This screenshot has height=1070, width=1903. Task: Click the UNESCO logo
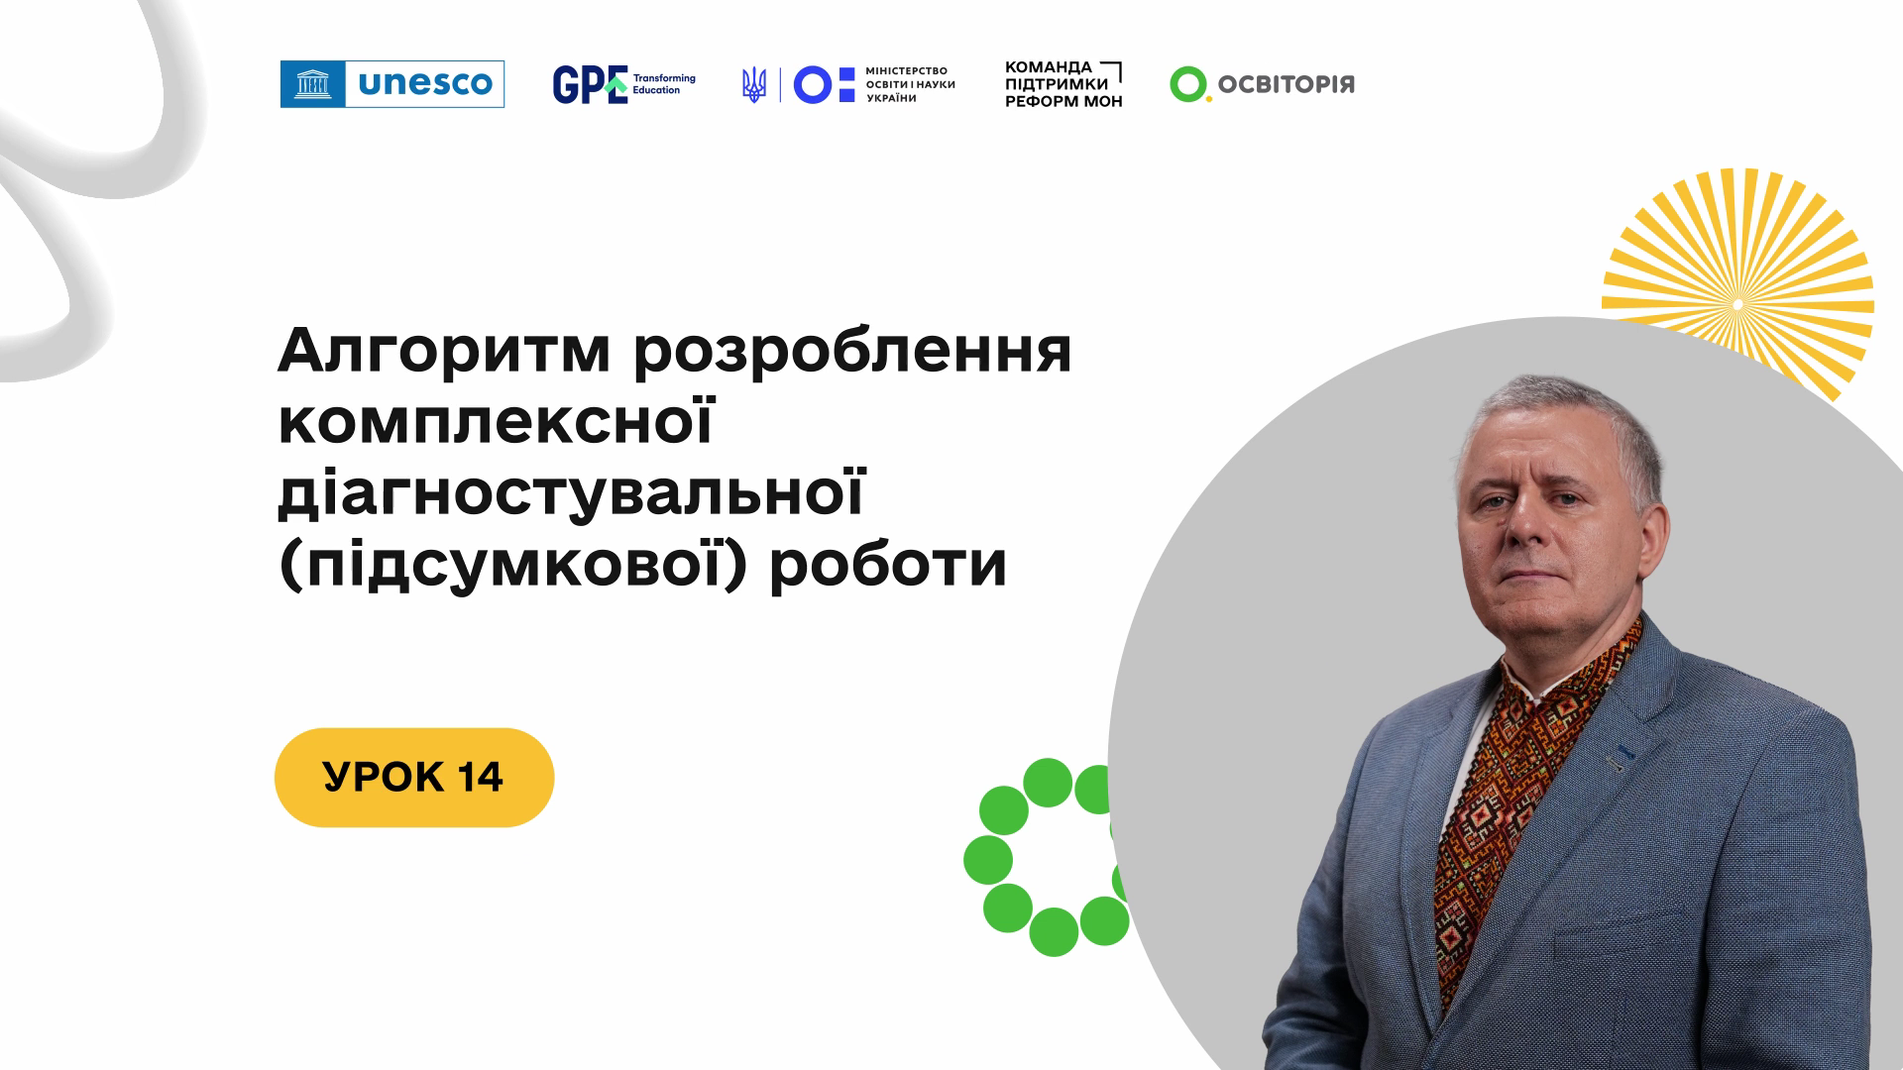[392, 84]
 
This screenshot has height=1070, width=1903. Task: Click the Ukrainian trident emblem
[754, 85]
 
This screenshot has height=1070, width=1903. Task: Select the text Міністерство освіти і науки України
[910, 85]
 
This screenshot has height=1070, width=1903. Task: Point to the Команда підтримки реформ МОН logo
[1064, 84]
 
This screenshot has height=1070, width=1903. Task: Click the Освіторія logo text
[1286, 85]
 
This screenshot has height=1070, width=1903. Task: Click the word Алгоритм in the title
[444, 351]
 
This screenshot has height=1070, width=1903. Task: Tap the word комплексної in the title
[496, 422]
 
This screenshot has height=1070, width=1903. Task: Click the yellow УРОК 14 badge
[414, 778]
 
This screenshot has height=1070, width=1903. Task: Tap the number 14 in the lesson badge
[481, 778]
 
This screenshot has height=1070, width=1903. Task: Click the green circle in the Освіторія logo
[1187, 84]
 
